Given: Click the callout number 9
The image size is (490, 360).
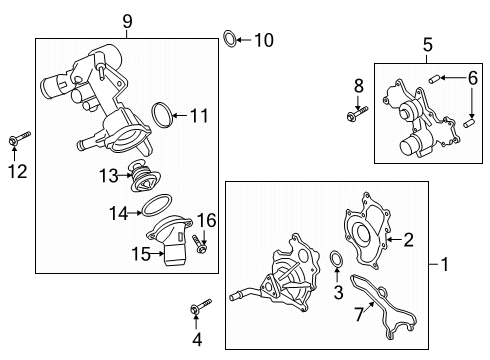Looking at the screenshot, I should pos(127,19).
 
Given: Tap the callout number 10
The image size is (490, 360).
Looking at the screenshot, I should pos(263,40).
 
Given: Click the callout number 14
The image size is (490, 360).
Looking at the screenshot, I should pos(118,212).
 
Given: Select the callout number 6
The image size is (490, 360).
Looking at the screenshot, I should pos(473,77).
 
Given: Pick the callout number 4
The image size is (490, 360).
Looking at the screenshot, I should pos(196,340).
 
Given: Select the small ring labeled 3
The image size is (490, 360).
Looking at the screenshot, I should pos(336,262).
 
